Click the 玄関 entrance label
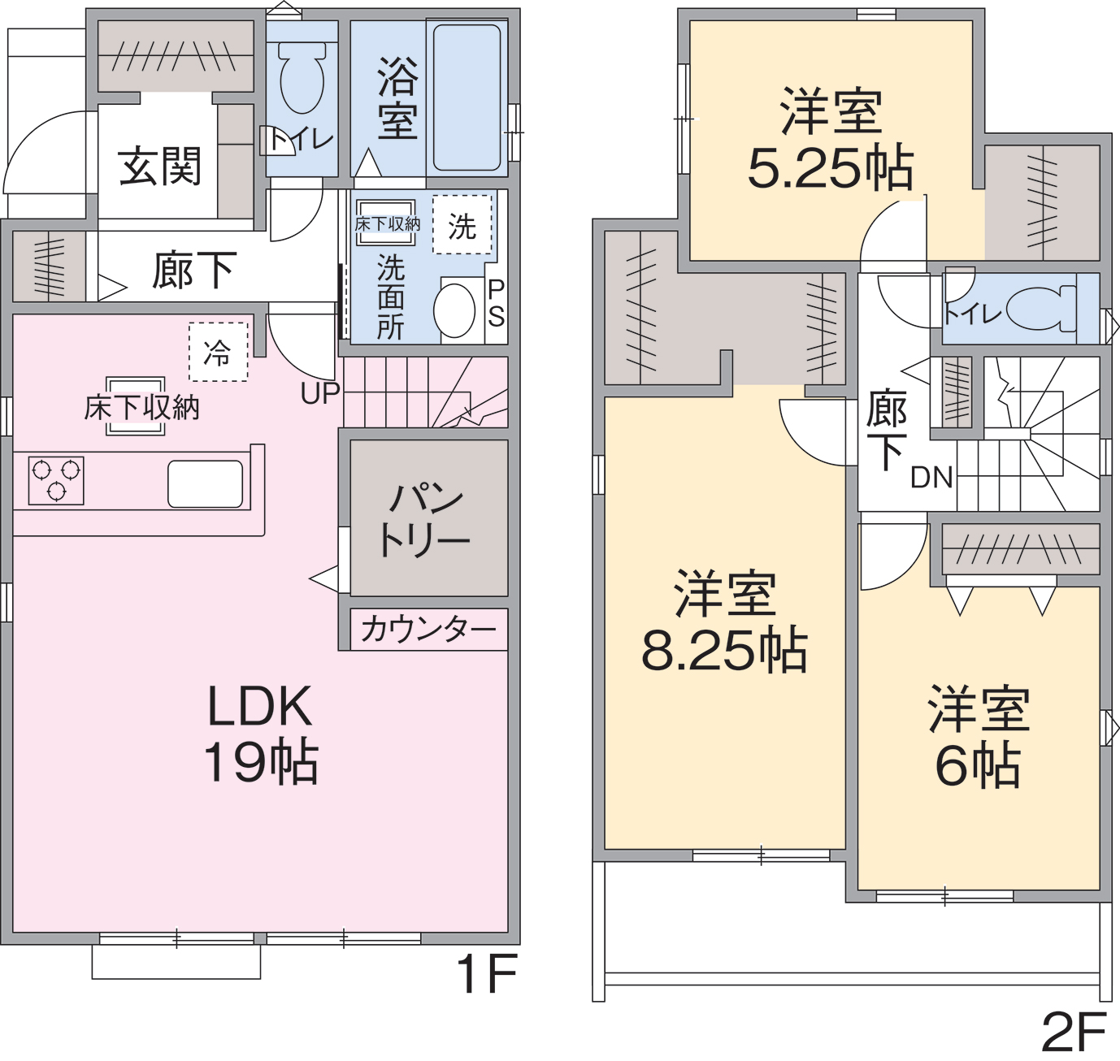(160, 167)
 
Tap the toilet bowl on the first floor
(302, 78)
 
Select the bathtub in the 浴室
(467, 97)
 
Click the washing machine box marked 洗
(462, 224)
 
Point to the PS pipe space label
(496, 303)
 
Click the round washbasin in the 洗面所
(454, 310)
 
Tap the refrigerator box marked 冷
(218, 352)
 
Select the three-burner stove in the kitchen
(56, 480)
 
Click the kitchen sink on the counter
(205, 483)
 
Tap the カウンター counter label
(428, 630)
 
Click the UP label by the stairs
(320, 393)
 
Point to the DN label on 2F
(932, 477)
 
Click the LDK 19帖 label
(260, 733)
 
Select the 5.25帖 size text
(831, 169)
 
